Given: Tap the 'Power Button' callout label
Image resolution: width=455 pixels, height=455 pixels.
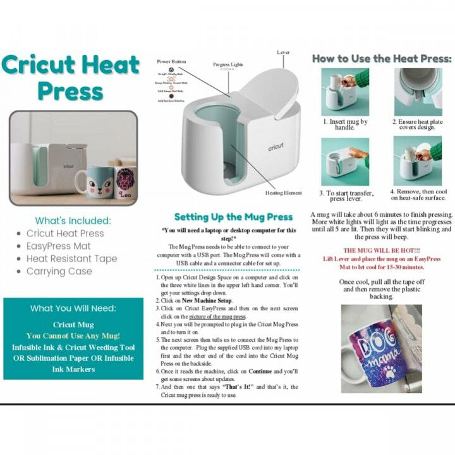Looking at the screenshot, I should pos(172,62).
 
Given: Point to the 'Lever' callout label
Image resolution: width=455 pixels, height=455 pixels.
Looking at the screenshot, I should pos(284,52).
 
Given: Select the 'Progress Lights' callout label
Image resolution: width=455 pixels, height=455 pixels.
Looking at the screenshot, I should pos(227,65).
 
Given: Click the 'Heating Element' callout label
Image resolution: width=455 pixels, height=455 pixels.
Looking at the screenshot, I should pos(282,193).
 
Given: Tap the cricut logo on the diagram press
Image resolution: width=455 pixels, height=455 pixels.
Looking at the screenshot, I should pos(275,147).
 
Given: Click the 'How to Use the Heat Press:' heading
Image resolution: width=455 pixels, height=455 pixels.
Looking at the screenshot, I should pos(382,58).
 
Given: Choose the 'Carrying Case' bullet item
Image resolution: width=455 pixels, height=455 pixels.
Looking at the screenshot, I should pos(59,271).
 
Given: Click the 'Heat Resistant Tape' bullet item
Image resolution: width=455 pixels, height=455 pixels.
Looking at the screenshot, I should pos(71,258).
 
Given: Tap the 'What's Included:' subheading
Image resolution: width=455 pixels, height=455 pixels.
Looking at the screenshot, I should pos(73,221).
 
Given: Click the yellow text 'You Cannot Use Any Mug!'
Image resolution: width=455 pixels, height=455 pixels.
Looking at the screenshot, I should pos(73,336).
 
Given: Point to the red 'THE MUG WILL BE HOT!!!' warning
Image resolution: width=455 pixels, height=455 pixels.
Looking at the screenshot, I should pos(382,250).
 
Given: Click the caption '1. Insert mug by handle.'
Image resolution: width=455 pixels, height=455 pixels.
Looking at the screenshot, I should pos(345,124).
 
